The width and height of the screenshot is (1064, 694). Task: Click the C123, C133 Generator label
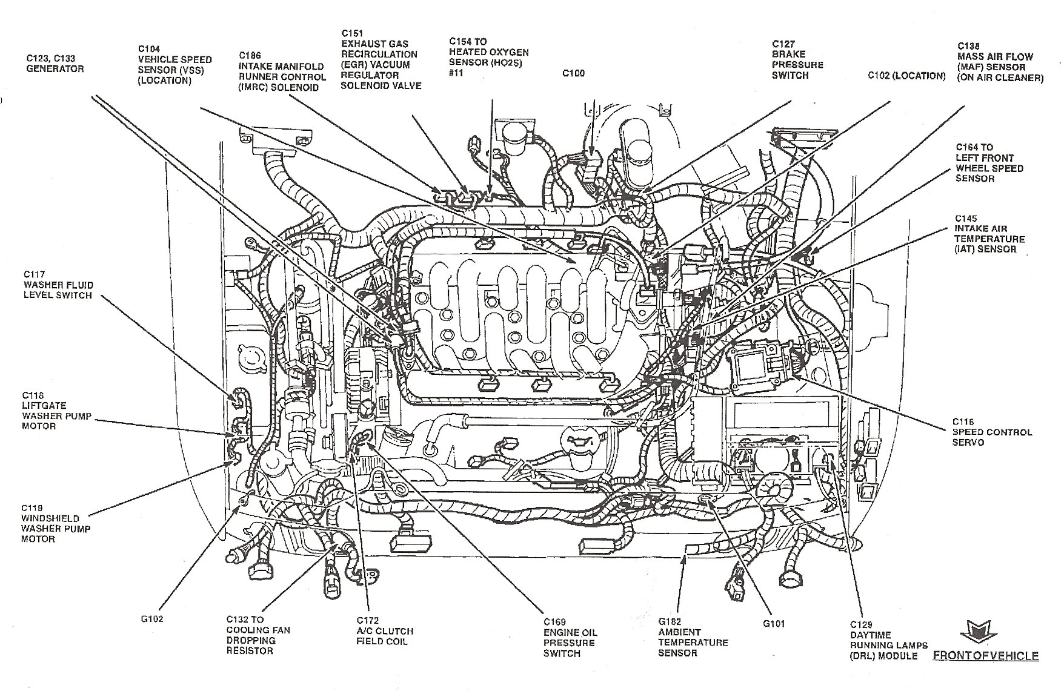pyautogui.click(x=55, y=64)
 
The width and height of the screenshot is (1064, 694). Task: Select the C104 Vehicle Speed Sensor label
pyautogui.click(x=175, y=64)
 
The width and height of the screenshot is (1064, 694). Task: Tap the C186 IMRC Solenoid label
pyautogui.click(x=282, y=71)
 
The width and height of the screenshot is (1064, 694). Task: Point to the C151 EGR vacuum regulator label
pyautogui.click(x=381, y=59)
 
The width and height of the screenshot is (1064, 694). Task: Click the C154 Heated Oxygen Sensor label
pyautogui.click(x=488, y=57)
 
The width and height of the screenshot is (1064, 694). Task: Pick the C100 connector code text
pyautogui.click(x=573, y=73)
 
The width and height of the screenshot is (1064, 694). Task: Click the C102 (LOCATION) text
pyautogui.click(x=906, y=76)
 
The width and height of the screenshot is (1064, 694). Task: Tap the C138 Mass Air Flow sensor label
pyautogui.click(x=1000, y=62)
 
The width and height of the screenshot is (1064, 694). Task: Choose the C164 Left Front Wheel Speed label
pyautogui.click(x=989, y=162)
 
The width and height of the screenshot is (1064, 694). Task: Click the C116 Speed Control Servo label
pyautogui.click(x=991, y=432)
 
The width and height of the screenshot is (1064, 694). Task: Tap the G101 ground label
pyautogui.click(x=774, y=623)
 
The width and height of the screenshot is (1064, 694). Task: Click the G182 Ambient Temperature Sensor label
pyautogui.click(x=693, y=637)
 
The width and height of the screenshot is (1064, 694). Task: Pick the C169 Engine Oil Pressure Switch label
pyautogui.click(x=570, y=637)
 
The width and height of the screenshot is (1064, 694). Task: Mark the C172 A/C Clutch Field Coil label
pyautogui.click(x=384, y=630)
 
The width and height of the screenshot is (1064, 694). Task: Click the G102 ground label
pyautogui.click(x=151, y=619)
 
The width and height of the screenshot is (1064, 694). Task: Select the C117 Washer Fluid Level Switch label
pyautogui.click(x=58, y=285)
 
